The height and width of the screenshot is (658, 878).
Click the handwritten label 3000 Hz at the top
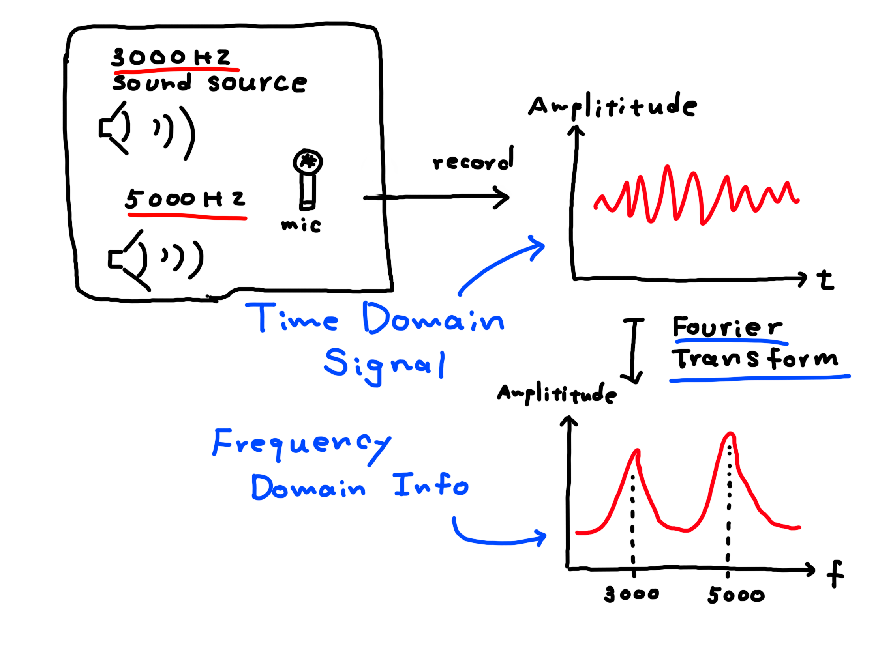click(171, 58)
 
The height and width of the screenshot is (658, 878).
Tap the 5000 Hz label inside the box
click(185, 199)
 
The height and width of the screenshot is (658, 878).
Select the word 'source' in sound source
click(257, 83)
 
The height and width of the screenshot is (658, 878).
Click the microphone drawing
click(308, 178)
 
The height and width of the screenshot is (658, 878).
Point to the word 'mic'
click(301, 225)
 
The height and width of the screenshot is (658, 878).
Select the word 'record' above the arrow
click(473, 161)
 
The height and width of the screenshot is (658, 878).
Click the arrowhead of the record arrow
click(503, 197)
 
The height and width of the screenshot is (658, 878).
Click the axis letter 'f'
click(835, 574)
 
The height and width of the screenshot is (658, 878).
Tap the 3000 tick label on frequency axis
click(631, 594)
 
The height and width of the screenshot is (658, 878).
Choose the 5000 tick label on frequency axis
click(735, 595)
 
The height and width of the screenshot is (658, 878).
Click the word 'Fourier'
click(727, 327)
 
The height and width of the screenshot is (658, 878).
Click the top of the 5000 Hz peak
click(730, 434)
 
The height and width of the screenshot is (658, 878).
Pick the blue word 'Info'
click(431, 485)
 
